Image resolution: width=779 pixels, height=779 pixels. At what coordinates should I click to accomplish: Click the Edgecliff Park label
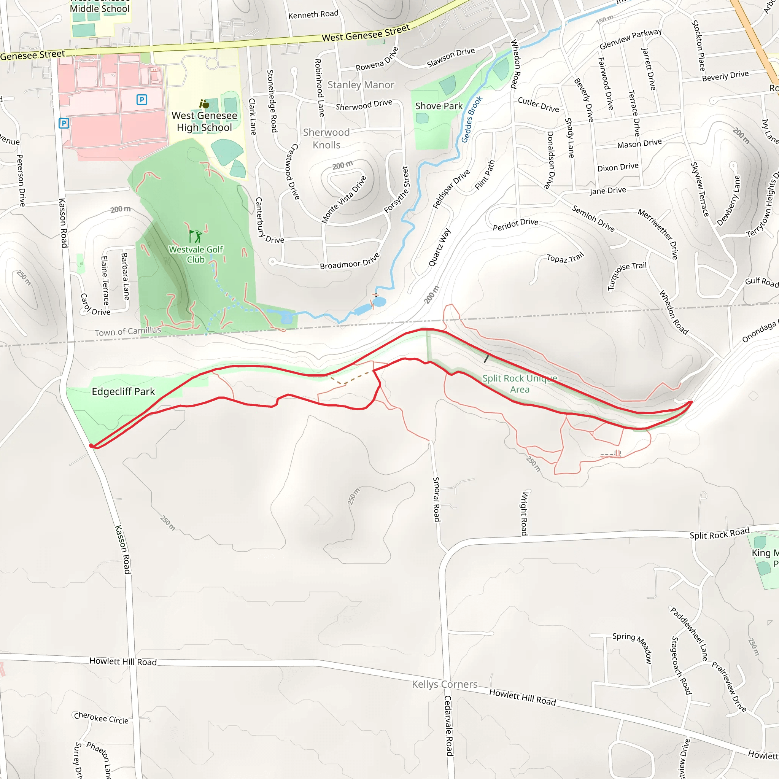pos(123,392)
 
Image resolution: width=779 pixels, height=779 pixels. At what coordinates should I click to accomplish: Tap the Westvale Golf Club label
pos(196,254)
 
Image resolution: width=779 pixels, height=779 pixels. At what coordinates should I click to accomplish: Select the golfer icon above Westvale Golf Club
pos(196,236)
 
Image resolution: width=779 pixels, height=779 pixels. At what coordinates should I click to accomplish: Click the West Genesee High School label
pos(204,121)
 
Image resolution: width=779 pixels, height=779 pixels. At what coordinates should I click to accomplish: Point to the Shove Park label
pos(439,106)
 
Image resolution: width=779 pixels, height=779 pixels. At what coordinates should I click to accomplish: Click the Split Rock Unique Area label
pos(520,384)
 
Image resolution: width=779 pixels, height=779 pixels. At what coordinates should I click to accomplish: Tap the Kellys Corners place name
pos(444,684)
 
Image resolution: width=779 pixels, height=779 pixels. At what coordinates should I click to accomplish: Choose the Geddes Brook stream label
pos(472,119)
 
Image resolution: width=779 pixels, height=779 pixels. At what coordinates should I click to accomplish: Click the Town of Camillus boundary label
pos(128,331)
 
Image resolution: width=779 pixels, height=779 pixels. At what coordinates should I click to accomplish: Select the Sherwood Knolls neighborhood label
pos(326,139)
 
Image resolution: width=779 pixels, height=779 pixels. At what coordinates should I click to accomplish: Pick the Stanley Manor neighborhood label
pos(361,85)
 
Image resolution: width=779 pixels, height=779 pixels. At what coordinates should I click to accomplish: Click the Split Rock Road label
pos(719,533)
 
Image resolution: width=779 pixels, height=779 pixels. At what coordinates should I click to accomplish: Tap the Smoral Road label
pos(436,499)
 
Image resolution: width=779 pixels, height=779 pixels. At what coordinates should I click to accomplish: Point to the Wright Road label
pos(524,513)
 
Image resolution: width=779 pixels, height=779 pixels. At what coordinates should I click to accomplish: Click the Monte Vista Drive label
pos(344,199)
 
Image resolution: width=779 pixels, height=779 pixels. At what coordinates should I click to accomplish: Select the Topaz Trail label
pos(565,258)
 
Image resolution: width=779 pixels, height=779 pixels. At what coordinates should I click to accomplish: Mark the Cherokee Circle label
pos(101,718)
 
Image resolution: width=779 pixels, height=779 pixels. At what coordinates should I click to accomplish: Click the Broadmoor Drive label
pos(350,261)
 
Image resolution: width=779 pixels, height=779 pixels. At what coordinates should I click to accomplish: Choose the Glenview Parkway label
pos(631,39)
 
